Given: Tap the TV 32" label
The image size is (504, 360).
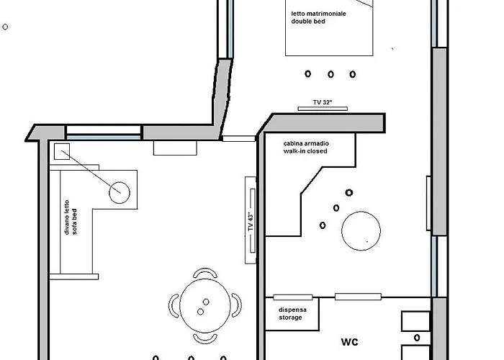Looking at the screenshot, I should [x=323, y=103].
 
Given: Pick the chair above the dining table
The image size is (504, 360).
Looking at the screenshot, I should [x=204, y=274].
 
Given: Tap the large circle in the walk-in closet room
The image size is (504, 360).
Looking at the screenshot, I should [x=361, y=230].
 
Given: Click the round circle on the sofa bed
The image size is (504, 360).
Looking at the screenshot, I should [x=119, y=192].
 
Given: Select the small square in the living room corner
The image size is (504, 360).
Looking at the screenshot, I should [x=60, y=151].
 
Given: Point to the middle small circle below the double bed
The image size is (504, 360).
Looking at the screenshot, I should [x=330, y=73].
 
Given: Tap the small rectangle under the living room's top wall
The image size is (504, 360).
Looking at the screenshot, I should [x=176, y=148].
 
